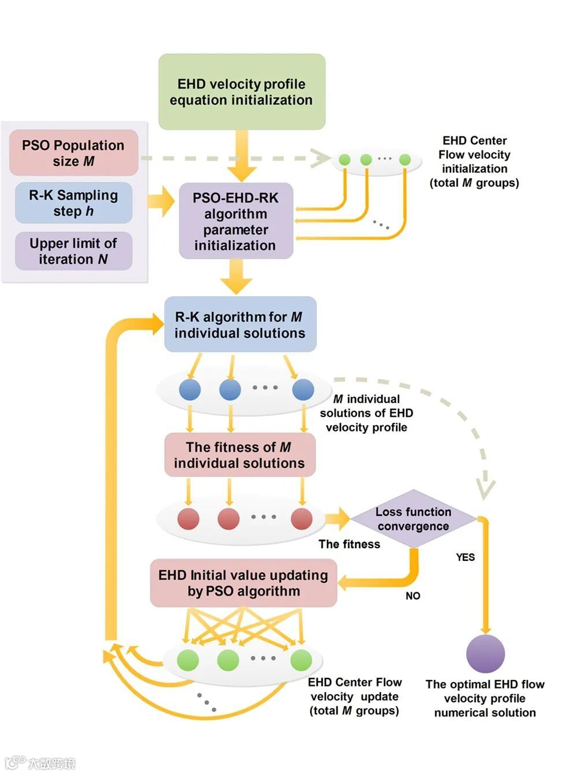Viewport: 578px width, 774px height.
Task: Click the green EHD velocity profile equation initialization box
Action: click(x=242, y=92)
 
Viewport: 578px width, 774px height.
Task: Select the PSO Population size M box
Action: click(x=73, y=153)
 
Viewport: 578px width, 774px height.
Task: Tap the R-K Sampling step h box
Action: click(x=73, y=203)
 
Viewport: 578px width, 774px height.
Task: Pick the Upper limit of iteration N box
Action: click(x=73, y=251)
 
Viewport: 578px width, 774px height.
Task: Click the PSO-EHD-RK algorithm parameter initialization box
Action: click(x=236, y=221)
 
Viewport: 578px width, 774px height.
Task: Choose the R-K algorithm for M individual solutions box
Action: click(x=240, y=325)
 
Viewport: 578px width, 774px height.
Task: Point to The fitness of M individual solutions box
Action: click(x=239, y=455)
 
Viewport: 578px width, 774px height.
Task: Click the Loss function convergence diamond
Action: click(x=413, y=519)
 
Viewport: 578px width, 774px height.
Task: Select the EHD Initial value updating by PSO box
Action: click(x=243, y=583)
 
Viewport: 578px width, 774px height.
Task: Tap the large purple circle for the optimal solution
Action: click(x=486, y=654)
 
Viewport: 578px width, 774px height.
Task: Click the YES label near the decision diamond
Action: click(x=465, y=557)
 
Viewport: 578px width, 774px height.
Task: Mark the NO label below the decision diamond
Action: click(x=413, y=596)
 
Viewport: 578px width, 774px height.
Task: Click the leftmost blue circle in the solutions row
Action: click(x=190, y=390)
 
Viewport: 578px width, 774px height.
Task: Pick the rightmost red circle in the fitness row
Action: click(x=302, y=519)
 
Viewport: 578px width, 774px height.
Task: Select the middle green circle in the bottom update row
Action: click(x=228, y=660)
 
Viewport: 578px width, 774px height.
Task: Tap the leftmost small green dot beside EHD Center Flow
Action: click(x=344, y=159)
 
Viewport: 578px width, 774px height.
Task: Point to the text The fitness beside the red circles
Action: click(x=349, y=544)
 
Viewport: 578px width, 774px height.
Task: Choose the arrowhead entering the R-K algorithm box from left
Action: click(x=157, y=323)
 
